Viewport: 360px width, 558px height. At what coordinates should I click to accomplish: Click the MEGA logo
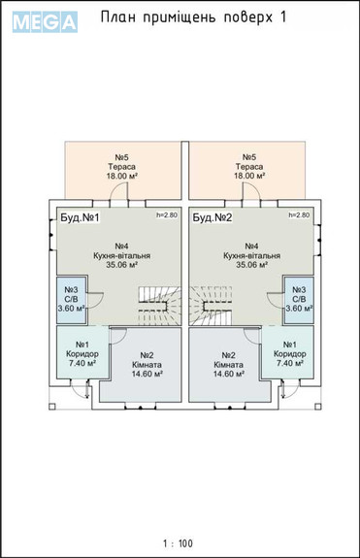pyautogui.click(x=45, y=21)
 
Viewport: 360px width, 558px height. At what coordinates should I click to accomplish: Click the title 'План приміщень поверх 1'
pyautogui.click(x=193, y=16)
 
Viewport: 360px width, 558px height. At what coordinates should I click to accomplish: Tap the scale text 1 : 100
pyautogui.click(x=178, y=543)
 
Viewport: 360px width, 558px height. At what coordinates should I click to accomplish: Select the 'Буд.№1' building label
pyautogui.click(x=80, y=217)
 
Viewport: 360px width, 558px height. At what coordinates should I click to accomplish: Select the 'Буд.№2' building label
pyautogui.click(x=213, y=217)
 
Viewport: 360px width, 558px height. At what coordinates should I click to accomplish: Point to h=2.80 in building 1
pyautogui.click(x=167, y=214)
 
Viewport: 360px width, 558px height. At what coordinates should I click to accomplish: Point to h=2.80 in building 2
pyautogui.click(x=299, y=214)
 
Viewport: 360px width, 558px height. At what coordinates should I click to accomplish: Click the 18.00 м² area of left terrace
pyautogui.click(x=122, y=176)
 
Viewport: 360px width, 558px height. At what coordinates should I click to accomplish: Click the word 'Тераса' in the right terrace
pyautogui.click(x=249, y=167)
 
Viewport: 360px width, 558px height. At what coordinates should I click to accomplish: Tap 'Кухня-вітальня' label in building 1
pyautogui.click(x=122, y=255)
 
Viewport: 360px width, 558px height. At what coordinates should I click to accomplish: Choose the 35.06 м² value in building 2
pyautogui.click(x=252, y=265)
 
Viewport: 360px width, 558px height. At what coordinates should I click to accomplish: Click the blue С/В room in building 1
pyautogui.click(x=71, y=299)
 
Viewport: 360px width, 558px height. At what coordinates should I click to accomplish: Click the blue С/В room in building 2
pyautogui.click(x=299, y=299)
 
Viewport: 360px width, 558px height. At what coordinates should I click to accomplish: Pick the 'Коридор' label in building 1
pyautogui.click(x=82, y=354)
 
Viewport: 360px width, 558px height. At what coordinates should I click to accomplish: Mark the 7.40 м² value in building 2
pyautogui.click(x=290, y=363)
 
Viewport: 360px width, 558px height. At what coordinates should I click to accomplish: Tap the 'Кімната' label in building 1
pyautogui.click(x=147, y=365)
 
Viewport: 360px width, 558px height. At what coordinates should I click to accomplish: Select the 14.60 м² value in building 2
pyautogui.click(x=228, y=374)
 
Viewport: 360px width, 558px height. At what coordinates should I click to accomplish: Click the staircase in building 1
pyautogui.click(x=159, y=306)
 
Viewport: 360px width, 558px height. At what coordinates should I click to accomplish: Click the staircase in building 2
pyautogui.click(x=211, y=306)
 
